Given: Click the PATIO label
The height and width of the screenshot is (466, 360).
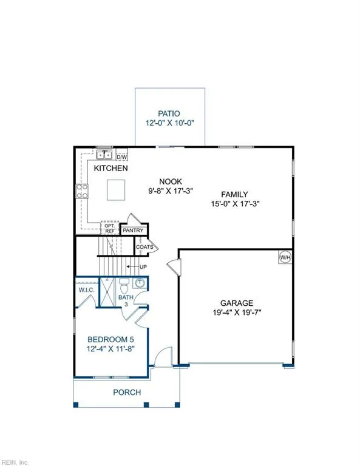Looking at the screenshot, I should pyautogui.click(x=170, y=113).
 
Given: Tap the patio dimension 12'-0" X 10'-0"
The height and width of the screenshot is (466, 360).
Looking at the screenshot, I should pyautogui.click(x=170, y=123).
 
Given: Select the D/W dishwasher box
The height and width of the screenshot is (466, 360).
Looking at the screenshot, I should pyautogui.click(x=121, y=155).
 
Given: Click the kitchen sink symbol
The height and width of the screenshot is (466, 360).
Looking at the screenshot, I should pyautogui.click(x=104, y=155).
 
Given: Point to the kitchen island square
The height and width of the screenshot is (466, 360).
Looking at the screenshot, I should pyautogui.click(x=117, y=190).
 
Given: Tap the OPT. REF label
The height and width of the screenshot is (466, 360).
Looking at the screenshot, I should pyautogui.click(x=109, y=228).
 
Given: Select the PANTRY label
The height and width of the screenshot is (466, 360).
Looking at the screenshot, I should pyautogui.click(x=133, y=231).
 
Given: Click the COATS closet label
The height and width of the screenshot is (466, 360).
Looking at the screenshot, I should pyautogui.click(x=144, y=246).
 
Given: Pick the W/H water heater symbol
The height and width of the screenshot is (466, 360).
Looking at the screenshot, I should pyautogui.click(x=285, y=257).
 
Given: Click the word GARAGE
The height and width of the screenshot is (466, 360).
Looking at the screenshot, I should pyautogui.click(x=237, y=303).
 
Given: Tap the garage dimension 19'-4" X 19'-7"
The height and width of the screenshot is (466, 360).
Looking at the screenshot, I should pyautogui.click(x=237, y=314).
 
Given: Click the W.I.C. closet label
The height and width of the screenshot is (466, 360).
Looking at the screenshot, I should pyautogui.click(x=85, y=289).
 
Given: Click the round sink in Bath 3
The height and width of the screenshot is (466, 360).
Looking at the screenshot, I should pyautogui.click(x=139, y=282).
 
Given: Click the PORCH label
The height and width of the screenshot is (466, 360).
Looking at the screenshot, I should pyautogui.click(x=127, y=392).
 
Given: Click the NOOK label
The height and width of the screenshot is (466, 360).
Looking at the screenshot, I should pyautogui.click(x=171, y=181).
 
